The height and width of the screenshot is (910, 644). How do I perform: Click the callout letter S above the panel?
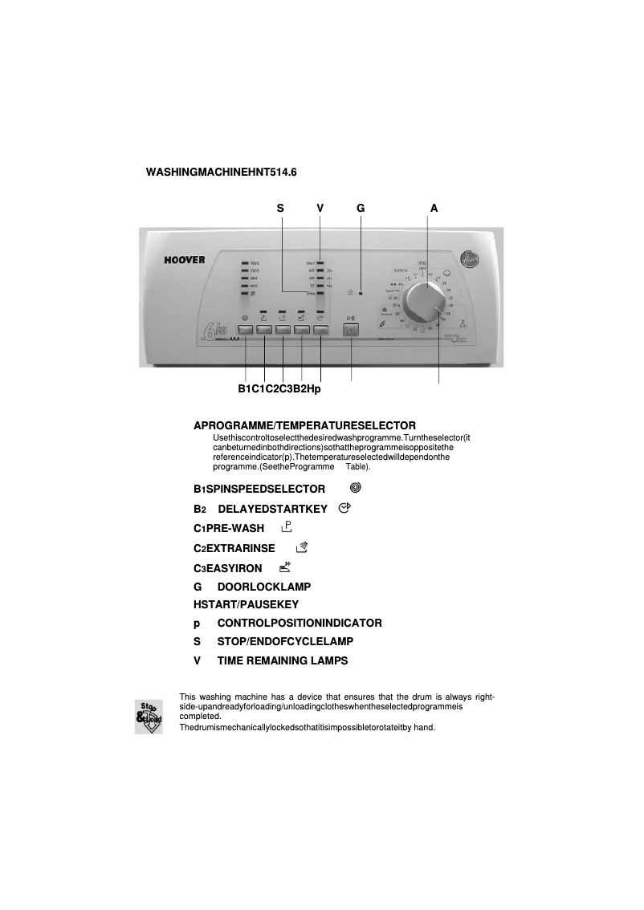[280, 208]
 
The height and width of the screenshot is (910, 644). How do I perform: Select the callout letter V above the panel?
[320, 208]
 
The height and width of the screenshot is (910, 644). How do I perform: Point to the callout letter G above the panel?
[361, 208]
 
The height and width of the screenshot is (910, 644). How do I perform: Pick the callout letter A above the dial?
[434, 208]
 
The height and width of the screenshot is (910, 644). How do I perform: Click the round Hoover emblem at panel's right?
[467, 259]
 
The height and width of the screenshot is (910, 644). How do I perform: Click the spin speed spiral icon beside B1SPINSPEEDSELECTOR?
[356, 487]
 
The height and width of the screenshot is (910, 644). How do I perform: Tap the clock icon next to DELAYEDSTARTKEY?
[345, 508]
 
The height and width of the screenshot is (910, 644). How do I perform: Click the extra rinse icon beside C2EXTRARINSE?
[302, 547]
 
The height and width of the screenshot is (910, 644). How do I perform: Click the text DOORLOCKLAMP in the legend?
[263, 587]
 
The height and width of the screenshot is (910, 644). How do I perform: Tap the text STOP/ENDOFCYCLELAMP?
[285, 642]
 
